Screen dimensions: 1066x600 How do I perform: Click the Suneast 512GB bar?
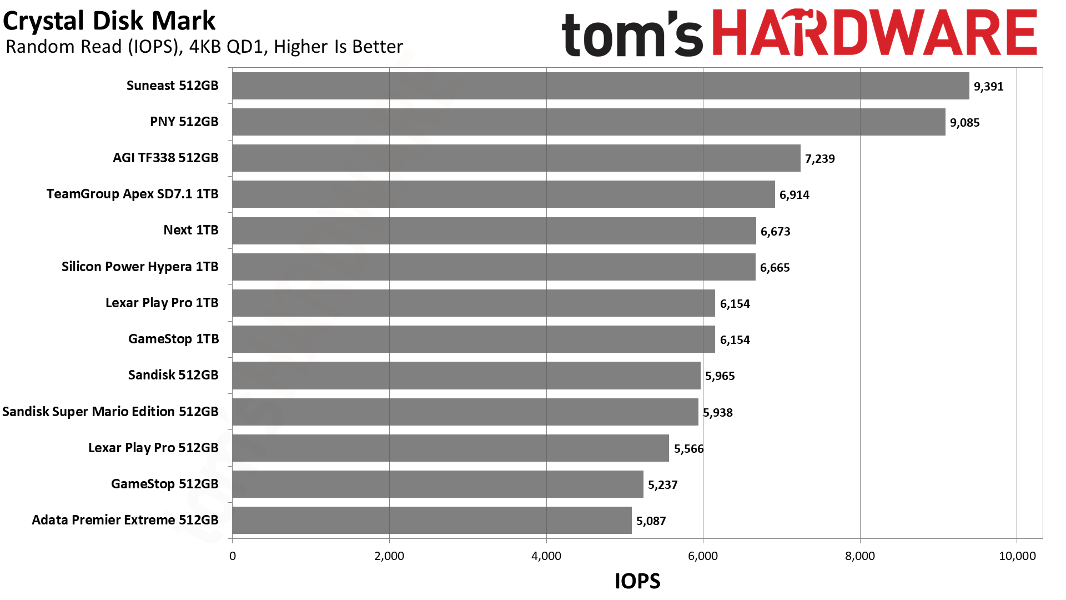pos(601,86)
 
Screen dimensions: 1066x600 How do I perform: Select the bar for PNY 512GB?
pos(589,122)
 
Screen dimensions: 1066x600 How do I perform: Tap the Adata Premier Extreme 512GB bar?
pos(432,521)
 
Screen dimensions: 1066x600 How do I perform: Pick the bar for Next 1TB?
pos(494,231)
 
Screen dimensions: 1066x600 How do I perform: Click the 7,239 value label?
pos(820,159)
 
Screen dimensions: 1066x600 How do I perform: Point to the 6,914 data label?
pos(795,195)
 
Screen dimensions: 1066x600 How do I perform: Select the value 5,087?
pos(651,521)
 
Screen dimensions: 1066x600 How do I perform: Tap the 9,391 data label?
pos(989,87)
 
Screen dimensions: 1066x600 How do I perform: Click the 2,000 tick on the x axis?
pos(389,556)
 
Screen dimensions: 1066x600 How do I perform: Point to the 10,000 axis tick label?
pos(1017,556)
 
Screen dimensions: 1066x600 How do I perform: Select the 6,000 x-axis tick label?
pos(703,556)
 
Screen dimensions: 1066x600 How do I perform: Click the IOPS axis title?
pos(637,581)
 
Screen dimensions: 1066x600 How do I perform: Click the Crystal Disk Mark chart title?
pos(109,21)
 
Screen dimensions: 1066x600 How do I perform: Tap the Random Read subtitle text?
pos(204,47)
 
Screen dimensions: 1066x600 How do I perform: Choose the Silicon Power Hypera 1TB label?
pos(140,267)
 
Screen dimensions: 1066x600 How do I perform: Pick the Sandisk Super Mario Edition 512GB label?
pos(110,412)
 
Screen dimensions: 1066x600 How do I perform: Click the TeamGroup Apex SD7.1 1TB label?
pos(132,194)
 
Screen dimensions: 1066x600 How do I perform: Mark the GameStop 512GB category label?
pos(165,484)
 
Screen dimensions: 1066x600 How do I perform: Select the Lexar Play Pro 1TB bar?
pos(474,303)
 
